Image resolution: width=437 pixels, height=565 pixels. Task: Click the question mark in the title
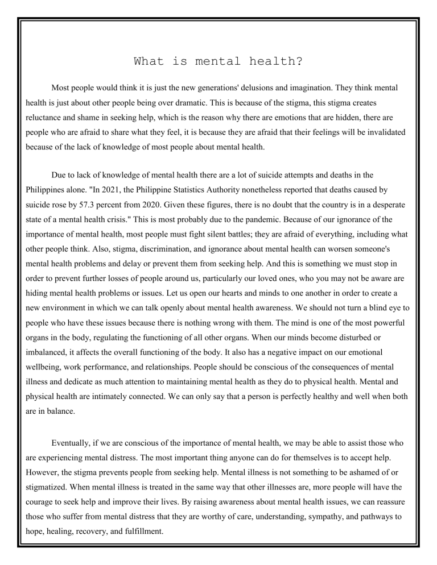[299, 61]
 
